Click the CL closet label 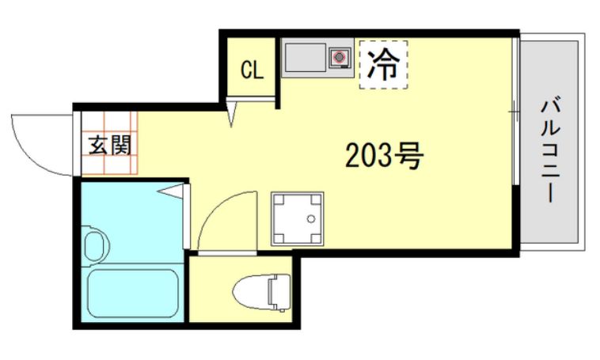pos(251,70)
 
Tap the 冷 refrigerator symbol pos(384,63)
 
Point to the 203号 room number pos(385,157)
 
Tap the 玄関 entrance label pos(108,145)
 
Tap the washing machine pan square pos(297,218)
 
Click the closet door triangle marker pos(231,112)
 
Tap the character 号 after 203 pos(409,157)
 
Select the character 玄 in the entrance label pos(98,145)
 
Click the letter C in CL pos(245,70)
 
